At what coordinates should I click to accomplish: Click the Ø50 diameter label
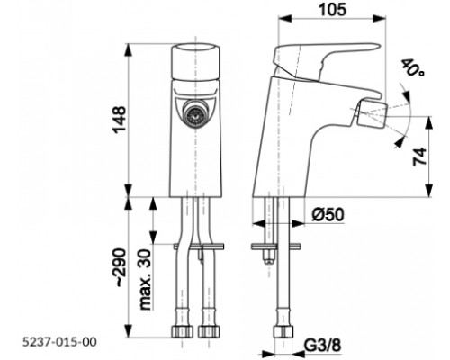(x=329, y=213)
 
